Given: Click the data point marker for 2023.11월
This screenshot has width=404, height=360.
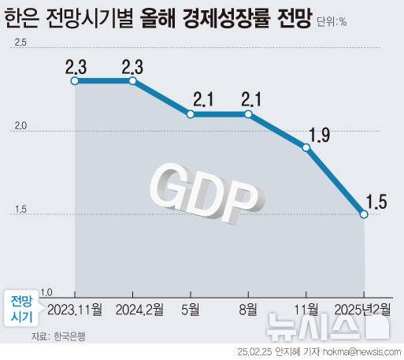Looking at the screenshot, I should click(x=74, y=80).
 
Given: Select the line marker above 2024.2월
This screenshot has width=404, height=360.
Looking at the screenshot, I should click(x=132, y=80).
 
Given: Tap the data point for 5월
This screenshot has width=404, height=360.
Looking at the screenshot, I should click(x=191, y=114).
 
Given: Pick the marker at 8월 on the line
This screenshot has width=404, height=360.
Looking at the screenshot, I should click(x=249, y=114).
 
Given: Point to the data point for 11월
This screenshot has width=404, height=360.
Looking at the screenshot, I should click(x=306, y=147).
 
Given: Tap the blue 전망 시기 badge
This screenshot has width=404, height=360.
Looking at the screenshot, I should click(x=22, y=308).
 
